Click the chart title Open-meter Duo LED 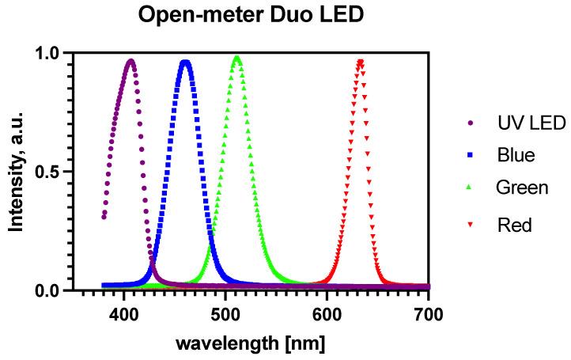pyautogui.click(x=251, y=14)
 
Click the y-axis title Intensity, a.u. pyautogui.click(x=15, y=172)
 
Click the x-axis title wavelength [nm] pyautogui.click(x=250, y=344)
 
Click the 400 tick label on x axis pyautogui.click(x=124, y=314)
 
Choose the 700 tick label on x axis pyautogui.click(x=428, y=314)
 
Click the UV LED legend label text pyautogui.click(x=531, y=123)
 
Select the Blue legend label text pyautogui.click(x=516, y=155)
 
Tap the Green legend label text pyautogui.click(x=522, y=188)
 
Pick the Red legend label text pyautogui.click(x=514, y=225)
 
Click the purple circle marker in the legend pyautogui.click(x=472, y=123)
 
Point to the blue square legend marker pyautogui.click(x=472, y=155)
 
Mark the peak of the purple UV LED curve pyautogui.click(x=130, y=61)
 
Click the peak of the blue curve pyautogui.click(x=185, y=61)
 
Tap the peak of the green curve pyautogui.click(x=236, y=58)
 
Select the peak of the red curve pyautogui.click(x=360, y=61)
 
